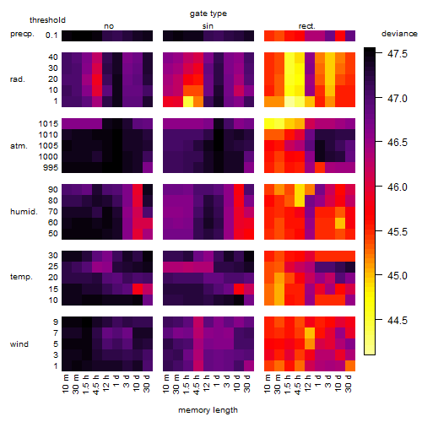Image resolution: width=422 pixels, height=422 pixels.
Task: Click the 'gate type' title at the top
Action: point(208,14)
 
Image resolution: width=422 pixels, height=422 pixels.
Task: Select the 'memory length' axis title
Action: point(208,410)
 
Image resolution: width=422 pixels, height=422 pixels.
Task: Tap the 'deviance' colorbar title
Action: point(399,34)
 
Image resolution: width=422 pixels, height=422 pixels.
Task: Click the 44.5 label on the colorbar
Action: point(398,320)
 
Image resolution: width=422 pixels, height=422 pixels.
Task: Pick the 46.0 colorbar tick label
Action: point(398,187)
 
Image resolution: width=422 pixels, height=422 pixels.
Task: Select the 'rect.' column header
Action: point(307,26)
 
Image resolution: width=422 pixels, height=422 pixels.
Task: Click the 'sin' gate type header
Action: point(208,26)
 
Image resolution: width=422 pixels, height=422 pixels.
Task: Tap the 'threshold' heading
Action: point(47,20)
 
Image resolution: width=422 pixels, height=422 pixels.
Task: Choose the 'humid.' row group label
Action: point(24,212)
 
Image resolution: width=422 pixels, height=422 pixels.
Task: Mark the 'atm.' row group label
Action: point(19,146)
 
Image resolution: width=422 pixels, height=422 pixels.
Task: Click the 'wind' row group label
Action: point(19,344)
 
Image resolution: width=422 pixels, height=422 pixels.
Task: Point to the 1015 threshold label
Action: point(48,124)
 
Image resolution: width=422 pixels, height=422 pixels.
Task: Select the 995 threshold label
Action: point(51,168)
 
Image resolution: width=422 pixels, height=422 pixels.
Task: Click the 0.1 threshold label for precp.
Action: point(51,35)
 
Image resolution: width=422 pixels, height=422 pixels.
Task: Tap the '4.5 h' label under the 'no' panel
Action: point(96,384)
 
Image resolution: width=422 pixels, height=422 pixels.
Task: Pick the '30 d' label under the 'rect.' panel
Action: point(349,384)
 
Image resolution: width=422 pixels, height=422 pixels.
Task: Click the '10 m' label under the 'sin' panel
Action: point(166,384)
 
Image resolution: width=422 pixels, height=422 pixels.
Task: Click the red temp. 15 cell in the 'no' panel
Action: point(138,289)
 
